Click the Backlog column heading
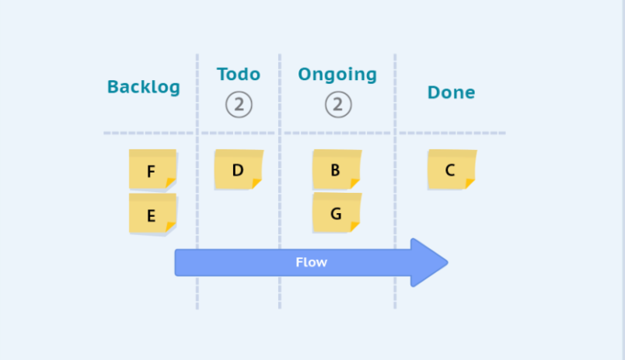tap(144, 87)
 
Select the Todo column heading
tap(239, 74)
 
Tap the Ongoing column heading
tap(337, 75)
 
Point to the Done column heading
tap(451, 93)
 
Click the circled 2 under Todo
tap(239, 104)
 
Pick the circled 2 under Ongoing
tap(338, 104)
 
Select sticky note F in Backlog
tap(152, 169)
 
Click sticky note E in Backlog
tap(152, 213)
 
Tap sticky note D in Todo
tap(239, 169)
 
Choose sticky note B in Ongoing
tap(337, 169)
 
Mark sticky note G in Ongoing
tap(337, 212)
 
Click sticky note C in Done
tap(452, 169)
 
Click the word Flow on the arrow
tap(311, 262)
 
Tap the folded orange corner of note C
tap(470, 183)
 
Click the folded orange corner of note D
tap(257, 183)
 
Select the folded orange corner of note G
tap(354, 227)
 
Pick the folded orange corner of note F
tap(170, 183)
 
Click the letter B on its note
tap(335, 170)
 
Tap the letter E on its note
tap(151, 215)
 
